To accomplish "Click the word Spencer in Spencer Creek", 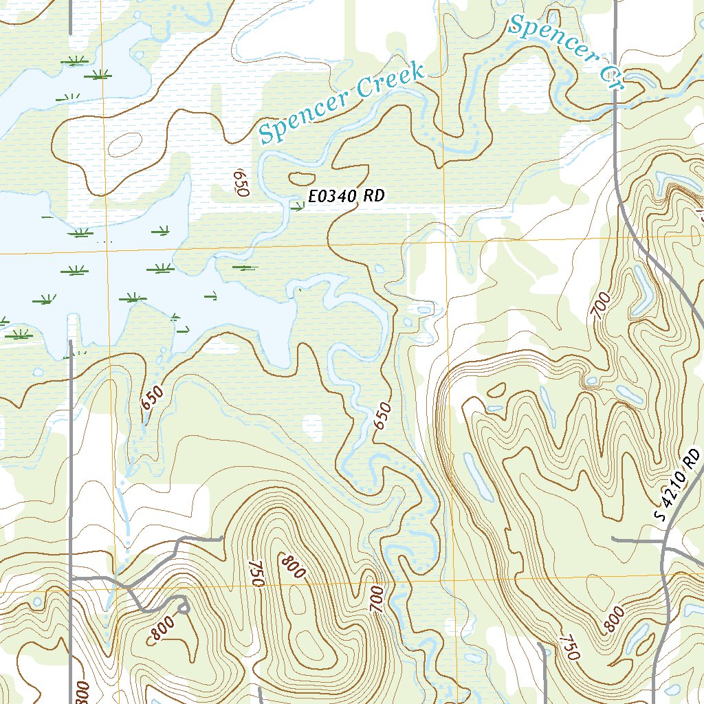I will (304, 114).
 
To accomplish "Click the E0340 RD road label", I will (346, 196).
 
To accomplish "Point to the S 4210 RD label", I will (678, 485).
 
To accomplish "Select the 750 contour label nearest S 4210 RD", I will (568, 646).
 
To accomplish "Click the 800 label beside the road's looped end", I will (164, 629).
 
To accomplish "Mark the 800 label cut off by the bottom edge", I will (81, 691).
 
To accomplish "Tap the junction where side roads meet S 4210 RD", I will (663, 541).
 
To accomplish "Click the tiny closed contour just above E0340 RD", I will (299, 179).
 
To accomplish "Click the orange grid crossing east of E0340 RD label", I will (445, 242).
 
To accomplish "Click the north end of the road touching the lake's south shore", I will (70, 341).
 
